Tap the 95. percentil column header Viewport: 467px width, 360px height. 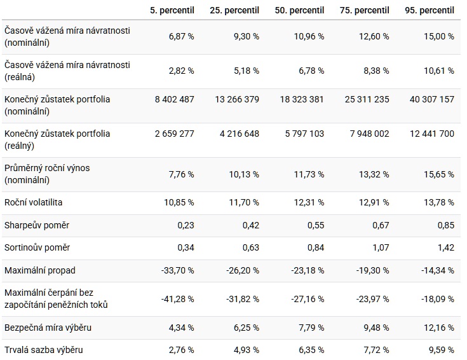pos(430,11)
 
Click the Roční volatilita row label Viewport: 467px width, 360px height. pos(33,202)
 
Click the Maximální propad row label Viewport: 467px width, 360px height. pos(39,270)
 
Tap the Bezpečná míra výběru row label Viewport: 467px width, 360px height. pos(48,328)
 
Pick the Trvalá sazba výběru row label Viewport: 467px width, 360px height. pos(43,350)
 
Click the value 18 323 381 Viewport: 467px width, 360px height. pos(302,99)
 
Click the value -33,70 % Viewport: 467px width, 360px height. pos(177,270)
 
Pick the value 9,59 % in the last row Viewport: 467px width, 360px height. pos(440,350)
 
